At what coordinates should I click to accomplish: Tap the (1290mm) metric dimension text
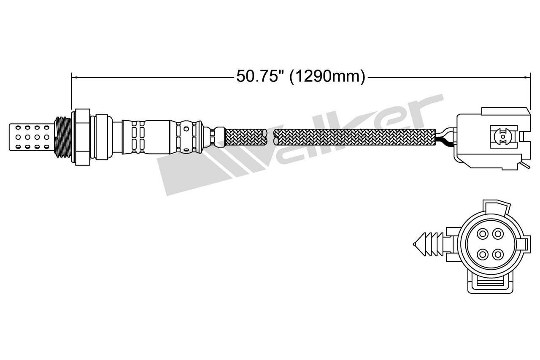[327, 77]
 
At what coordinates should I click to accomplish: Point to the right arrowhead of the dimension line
[528, 77]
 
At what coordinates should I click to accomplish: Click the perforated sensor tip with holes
[31, 137]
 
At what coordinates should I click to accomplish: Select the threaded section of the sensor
[63, 138]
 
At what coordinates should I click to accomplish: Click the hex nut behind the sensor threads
[82, 137]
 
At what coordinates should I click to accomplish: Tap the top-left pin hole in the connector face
[483, 234]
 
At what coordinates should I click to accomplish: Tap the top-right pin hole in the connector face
[498, 234]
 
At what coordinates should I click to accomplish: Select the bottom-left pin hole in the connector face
[483, 254]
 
